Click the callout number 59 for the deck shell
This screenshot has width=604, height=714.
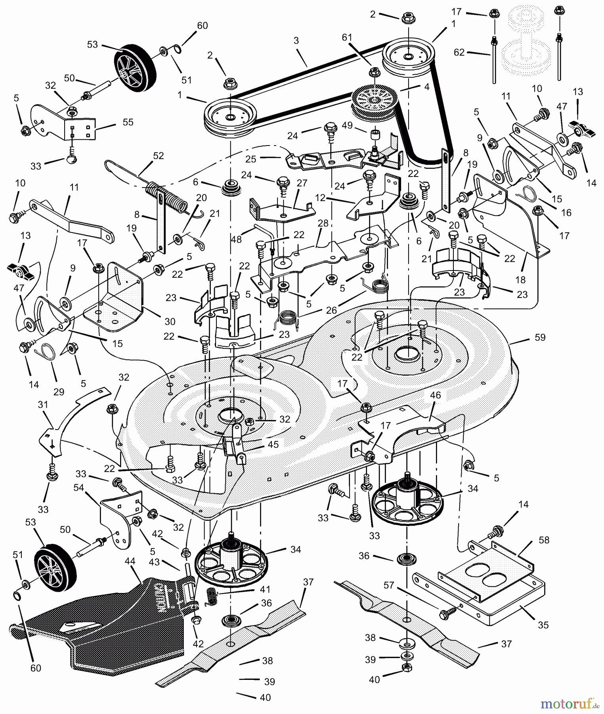click(540, 337)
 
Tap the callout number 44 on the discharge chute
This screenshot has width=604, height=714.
click(130, 561)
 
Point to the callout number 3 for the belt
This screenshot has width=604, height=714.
click(296, 40)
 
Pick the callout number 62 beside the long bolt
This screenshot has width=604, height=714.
click(459, 52)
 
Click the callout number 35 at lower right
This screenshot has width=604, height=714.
click(543, 625)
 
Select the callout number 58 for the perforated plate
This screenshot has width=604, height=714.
click(544, 540)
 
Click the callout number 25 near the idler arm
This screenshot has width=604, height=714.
click(251, 159)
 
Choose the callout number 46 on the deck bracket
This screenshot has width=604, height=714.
click(435, 395)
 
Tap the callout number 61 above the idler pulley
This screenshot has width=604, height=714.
click(347, 37)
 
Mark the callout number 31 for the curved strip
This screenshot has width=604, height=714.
click(43, 405)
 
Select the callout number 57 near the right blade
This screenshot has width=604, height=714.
click(389, 585)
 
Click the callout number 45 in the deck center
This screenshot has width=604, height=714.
click(273, 444)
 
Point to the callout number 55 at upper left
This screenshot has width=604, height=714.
click(128, 122)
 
